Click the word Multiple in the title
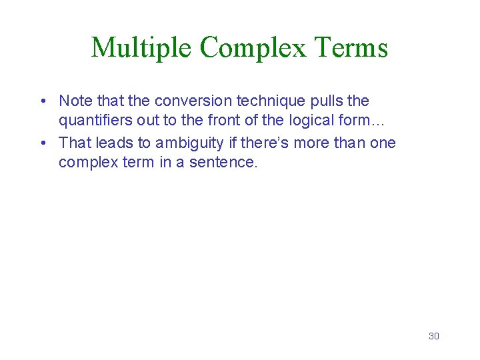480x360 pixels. click(x=142, y=48)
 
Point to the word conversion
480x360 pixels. click(x=189, y=101)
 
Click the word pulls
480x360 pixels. click(x=321, y=101)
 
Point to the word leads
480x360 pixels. click(x=113, y=143)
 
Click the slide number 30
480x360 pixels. click(x=433, y=336)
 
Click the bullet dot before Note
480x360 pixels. click(x=42, y=101)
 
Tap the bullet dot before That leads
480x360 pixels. click(x=42, y=143)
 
